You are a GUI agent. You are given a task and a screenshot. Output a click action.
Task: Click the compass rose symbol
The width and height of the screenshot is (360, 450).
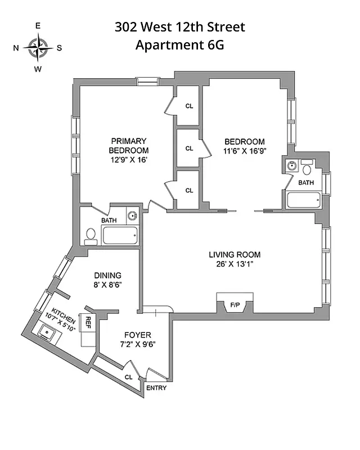tap(38, 47)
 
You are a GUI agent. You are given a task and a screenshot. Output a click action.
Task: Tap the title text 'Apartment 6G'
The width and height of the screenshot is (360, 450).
tap(179, 46)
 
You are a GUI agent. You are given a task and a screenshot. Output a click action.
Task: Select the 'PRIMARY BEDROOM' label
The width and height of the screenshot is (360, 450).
tap(129, 146)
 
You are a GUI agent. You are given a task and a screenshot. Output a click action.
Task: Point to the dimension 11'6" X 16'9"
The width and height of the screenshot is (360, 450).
tap(244, 151)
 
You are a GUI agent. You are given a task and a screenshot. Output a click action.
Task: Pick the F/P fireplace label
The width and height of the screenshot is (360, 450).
tap(235, 305)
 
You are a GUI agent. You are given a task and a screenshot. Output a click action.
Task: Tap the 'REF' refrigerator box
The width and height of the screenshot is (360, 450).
tap(88, 323)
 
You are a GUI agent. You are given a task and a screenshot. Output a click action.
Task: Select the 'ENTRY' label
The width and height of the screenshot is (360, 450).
tap(156, 388)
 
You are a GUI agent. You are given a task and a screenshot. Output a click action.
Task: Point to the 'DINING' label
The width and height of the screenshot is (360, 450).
tap(107, 275)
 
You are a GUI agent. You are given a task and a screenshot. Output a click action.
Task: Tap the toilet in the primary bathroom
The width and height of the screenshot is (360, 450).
tap(90, 236)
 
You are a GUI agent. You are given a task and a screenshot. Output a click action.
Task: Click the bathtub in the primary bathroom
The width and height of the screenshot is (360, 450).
tap(120, 235)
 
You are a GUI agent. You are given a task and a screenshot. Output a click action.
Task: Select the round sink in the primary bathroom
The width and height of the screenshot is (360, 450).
tap(132, 215)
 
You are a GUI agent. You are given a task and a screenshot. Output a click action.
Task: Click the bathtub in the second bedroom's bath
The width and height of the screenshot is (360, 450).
tap(303, 199)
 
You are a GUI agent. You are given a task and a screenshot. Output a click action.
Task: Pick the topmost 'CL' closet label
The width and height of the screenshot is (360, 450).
tap(189, 105)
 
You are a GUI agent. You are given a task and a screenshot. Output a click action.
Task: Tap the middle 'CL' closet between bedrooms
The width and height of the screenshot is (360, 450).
tap(189, 148)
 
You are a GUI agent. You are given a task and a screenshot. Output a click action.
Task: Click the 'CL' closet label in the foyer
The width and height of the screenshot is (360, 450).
tap(129, 376)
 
